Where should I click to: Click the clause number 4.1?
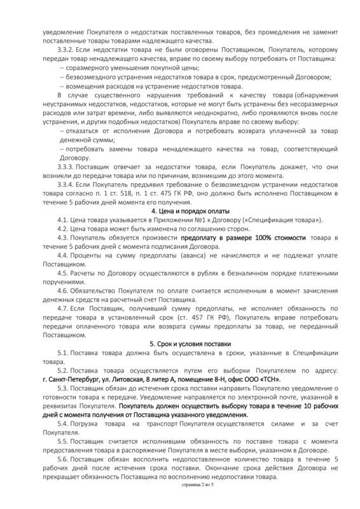click(x=63, y=220)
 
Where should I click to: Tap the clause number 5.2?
click(x=63, y=370)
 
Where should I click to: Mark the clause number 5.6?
click(x=63, y=459)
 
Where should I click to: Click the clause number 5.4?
click(x=63, y=423)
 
